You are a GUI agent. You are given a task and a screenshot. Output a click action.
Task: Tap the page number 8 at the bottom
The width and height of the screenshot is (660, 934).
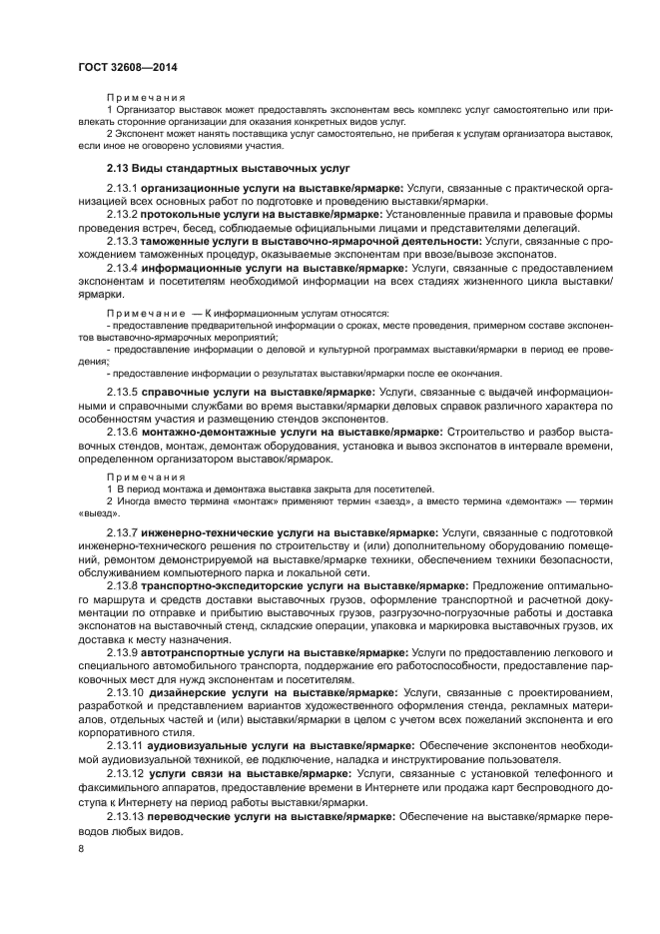pos(81,848)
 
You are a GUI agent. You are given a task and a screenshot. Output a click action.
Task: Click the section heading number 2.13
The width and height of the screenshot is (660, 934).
pos(120,167)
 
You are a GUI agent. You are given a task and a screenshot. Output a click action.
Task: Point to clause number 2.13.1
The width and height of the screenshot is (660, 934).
pos(122,188)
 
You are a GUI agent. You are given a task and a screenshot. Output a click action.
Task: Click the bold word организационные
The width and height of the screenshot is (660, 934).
pos(190,188)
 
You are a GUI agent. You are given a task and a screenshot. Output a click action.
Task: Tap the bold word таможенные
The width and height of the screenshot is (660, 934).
pos(178,242)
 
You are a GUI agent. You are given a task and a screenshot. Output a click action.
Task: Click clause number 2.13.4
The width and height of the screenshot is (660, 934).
pos(122,269)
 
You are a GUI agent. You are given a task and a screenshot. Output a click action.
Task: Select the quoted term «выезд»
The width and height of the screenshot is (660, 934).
pos(92,512)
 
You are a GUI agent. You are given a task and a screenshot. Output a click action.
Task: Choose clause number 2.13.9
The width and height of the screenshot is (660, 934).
pos(122,652)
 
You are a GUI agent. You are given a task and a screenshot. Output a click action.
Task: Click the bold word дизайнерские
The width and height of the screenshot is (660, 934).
pos(188,692)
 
